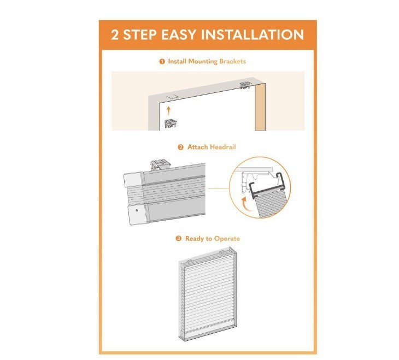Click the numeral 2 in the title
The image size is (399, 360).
click(x=115, y=34)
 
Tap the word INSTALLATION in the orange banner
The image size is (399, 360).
click(x=253, y=34)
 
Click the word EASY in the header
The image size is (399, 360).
click(x=179, y=34)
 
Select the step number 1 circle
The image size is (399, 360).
click(x=162, y=62)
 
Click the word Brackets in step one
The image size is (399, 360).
click(x=233, y=61)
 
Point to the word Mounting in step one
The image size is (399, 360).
click(x=203, y=62)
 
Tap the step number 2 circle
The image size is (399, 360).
click(x=180, y=147)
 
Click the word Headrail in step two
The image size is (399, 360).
click(x=223, y=147)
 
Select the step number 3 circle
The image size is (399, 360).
click(x=179, y=239)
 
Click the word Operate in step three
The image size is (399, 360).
click(x=227, y=239)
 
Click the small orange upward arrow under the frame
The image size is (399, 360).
click(x=168, y=111)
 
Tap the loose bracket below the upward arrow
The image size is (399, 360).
click(x=171, y=123)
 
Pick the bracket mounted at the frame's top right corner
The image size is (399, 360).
click(x=245, y=85)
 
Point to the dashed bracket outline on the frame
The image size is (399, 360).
click(x=173, y=97)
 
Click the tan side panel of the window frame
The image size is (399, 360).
click(x=260, y=107)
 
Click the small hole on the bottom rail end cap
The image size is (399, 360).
click(x=137, y=210)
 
